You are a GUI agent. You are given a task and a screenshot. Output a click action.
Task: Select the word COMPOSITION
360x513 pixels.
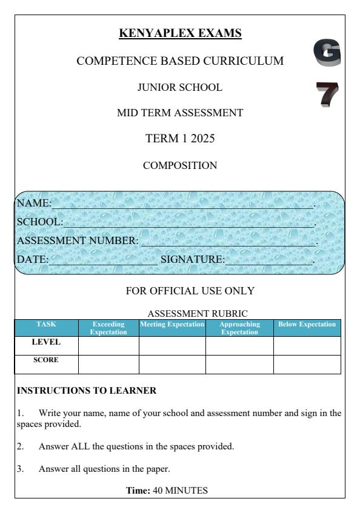coord(180,165)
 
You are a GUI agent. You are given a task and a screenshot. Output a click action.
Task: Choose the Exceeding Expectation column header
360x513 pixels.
coord(108,328)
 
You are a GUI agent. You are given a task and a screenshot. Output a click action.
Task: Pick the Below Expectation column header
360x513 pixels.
coord(307,325)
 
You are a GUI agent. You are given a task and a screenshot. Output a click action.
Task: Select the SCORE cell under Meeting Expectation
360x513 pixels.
coord(172,364)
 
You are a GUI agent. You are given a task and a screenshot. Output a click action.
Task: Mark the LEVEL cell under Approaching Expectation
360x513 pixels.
coord(239,346)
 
